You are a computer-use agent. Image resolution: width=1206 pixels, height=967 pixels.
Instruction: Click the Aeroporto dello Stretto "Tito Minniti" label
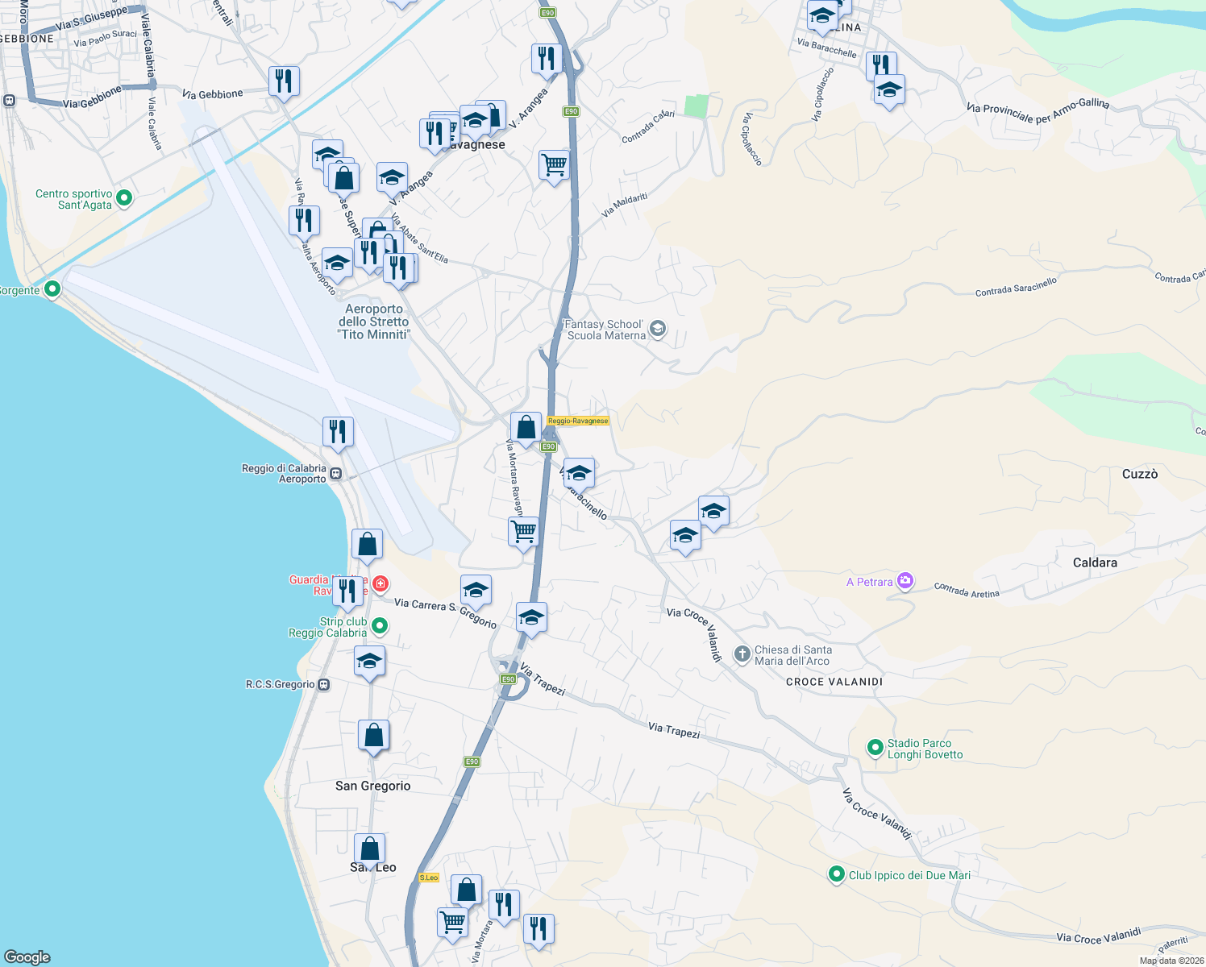click(x=374, y=322)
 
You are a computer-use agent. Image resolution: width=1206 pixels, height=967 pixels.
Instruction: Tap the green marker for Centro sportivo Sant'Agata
click(x=124, y=197)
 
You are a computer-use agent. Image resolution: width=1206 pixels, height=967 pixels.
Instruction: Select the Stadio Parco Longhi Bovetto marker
click(x=875, y=748)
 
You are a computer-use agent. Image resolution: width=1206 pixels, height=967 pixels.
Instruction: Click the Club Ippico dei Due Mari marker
click(x=836, y=874)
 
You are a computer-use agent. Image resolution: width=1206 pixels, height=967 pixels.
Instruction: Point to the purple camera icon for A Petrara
click(x=904, y=580)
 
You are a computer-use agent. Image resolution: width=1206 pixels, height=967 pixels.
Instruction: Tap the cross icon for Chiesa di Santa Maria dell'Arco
click(x=742, y=654)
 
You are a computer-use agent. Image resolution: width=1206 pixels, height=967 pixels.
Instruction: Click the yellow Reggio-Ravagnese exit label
click(x=578, y=421)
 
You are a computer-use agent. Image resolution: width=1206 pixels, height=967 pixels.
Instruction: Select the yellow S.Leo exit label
click(x=429, y=878)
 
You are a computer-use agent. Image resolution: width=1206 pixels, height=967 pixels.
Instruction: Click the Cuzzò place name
click(x=1139, y=474)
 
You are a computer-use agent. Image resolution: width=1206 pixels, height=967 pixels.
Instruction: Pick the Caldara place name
click(x=1094, y=562)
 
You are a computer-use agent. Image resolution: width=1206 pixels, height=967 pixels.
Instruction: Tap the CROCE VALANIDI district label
click(x=834, y=682)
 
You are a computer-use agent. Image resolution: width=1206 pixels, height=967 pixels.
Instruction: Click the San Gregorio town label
click(x=372, y=786)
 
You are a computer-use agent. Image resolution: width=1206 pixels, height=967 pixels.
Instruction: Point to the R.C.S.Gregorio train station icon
click(x=323, y=685)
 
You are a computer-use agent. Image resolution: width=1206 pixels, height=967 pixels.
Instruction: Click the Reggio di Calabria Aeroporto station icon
click(x=335, y=474)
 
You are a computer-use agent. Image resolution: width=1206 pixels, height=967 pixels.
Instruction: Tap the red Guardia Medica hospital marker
click(x=380, y=583)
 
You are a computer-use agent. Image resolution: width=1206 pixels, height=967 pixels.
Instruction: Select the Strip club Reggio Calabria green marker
click(x=380, y=625)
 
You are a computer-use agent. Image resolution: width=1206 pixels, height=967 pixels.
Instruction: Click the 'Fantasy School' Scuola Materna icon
click(x=658, y=328)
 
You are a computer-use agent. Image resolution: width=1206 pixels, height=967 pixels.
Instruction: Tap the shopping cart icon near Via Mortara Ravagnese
click(x=524, y=532)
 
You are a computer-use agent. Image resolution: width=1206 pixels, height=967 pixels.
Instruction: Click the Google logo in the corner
click(x=27, y=957)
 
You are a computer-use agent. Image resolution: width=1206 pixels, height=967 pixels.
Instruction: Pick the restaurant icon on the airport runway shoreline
click(x=338, y=431)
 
